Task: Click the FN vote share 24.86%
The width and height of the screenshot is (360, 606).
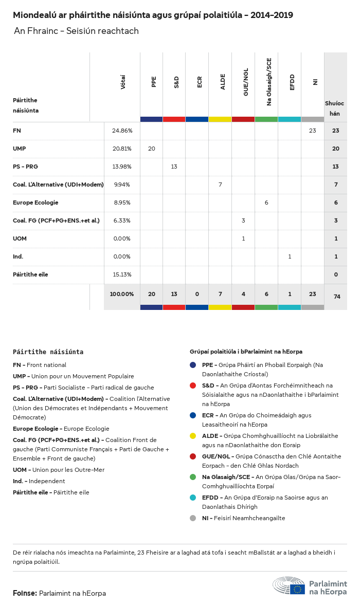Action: point(122,131)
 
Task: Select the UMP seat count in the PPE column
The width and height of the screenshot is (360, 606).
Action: point(151,149)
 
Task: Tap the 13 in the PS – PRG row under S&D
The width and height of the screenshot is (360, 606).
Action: point(174,167)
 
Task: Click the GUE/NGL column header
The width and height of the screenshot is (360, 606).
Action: point(246,82)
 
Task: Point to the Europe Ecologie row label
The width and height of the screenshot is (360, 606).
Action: point(35,203)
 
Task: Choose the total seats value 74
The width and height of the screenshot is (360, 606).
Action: point(336,297)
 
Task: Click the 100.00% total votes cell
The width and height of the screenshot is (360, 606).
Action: point(122,294)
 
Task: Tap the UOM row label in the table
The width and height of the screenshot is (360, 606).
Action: point(20,238)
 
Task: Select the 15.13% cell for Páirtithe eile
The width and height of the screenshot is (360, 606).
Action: point(122,274)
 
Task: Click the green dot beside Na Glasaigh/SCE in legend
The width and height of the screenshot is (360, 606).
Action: point(193,477)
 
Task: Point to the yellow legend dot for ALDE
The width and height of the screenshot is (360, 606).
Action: point(193,436)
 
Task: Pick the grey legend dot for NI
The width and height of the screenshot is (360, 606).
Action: point(193,518)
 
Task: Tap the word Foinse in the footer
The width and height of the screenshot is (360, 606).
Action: point(24,593)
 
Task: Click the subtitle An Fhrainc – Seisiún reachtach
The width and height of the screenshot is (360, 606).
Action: point(76,31)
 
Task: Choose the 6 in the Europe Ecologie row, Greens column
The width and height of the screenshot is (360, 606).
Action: point(266,203)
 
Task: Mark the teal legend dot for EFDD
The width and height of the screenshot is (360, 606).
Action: point(193,498)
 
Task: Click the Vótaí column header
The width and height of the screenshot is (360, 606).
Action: point(123,82)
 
